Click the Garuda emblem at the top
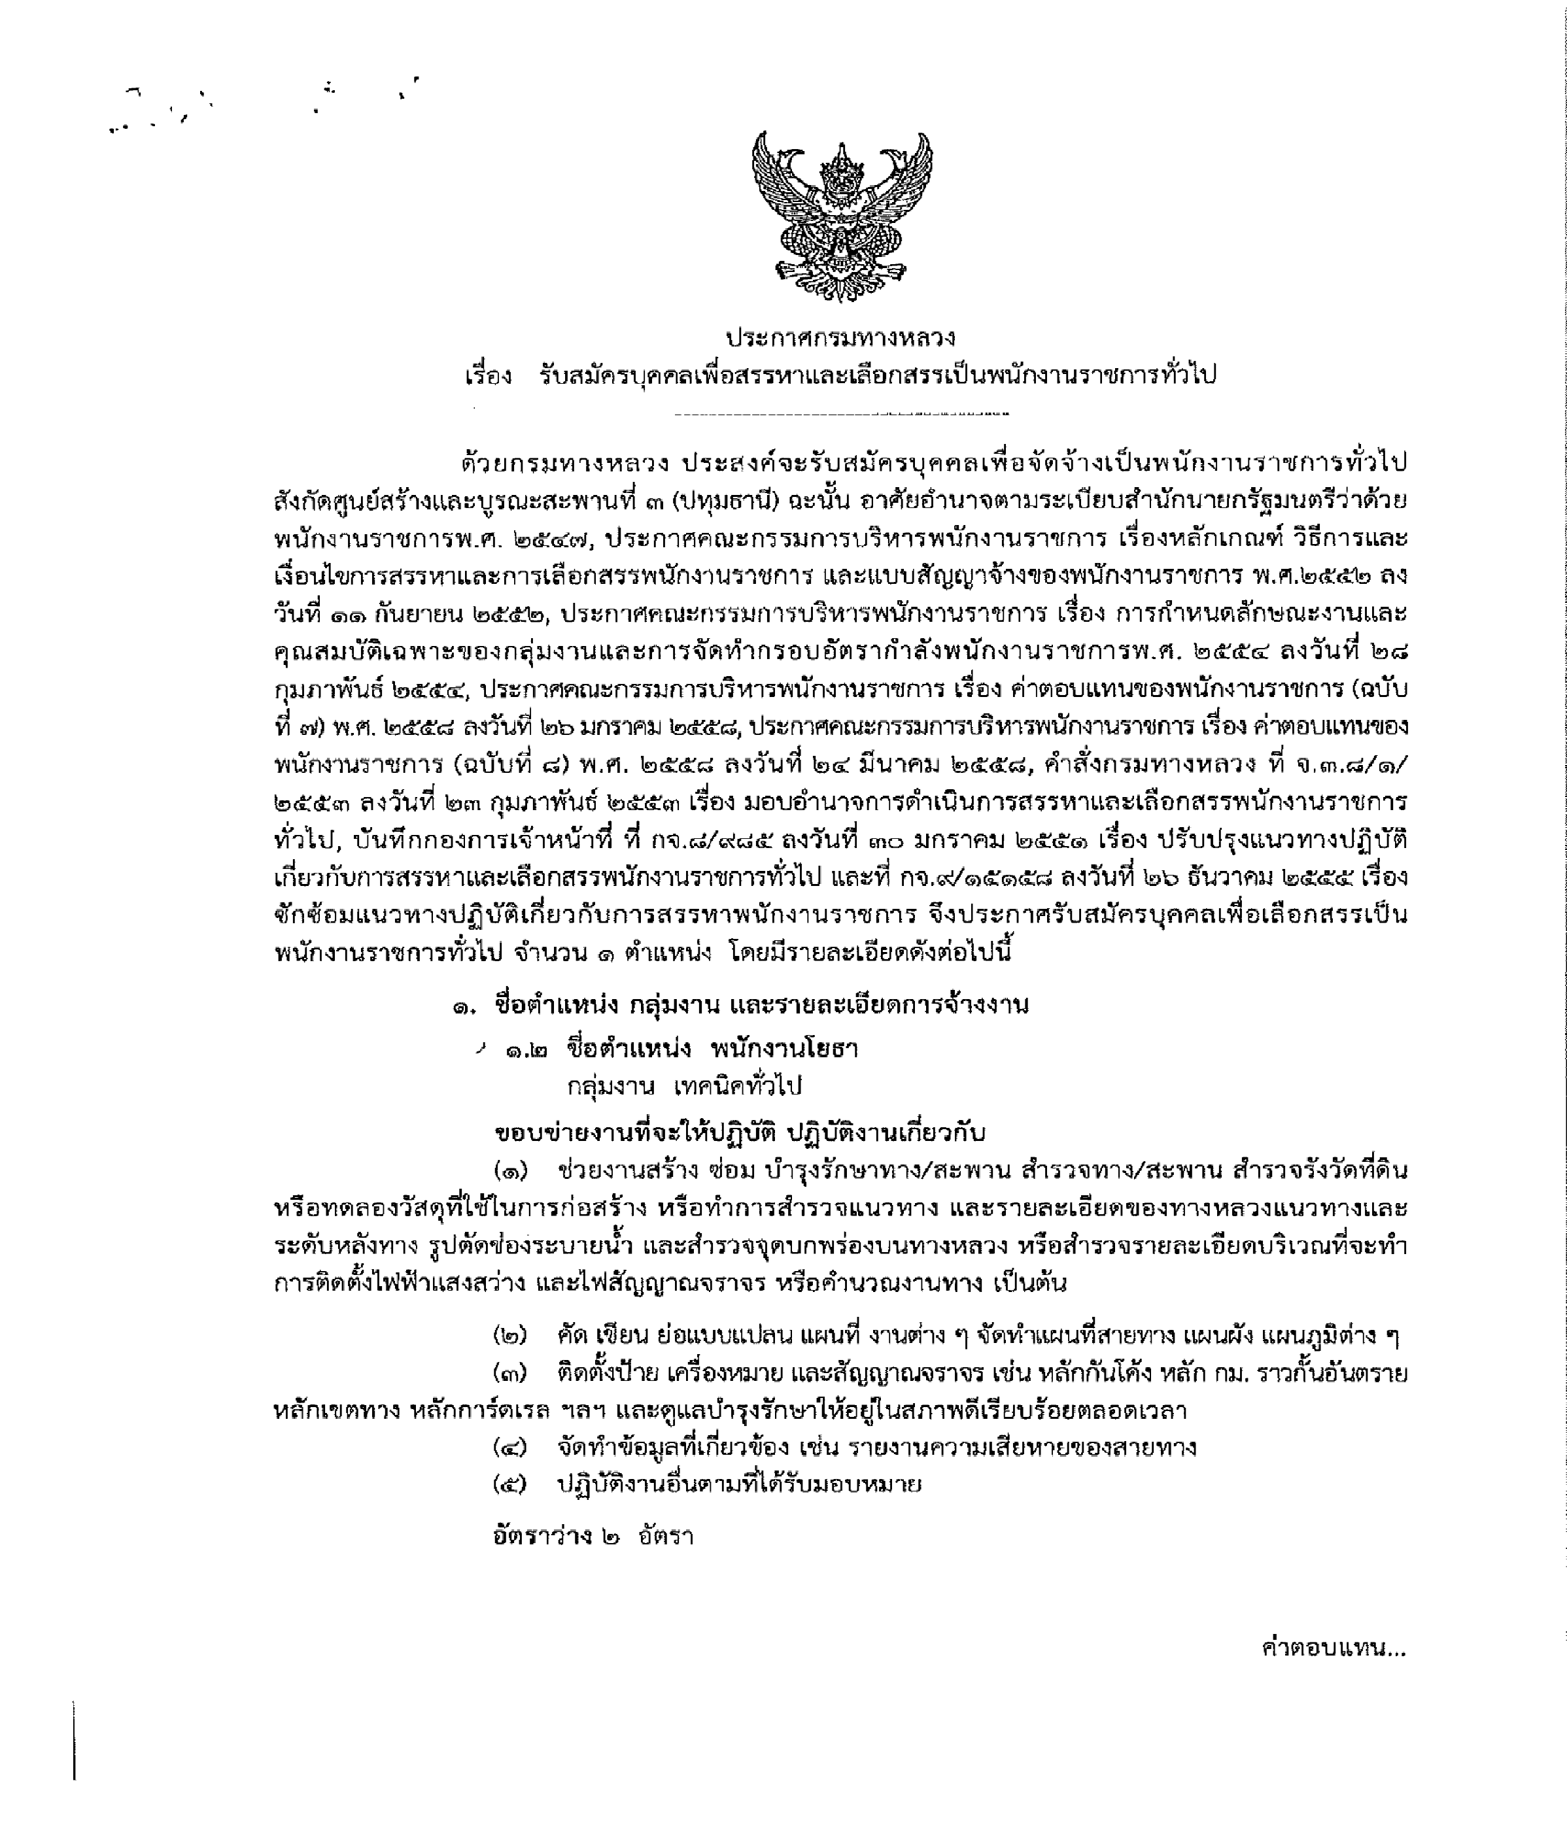841,217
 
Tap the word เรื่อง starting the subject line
489,376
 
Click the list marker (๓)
511,1374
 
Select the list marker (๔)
511,1448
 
